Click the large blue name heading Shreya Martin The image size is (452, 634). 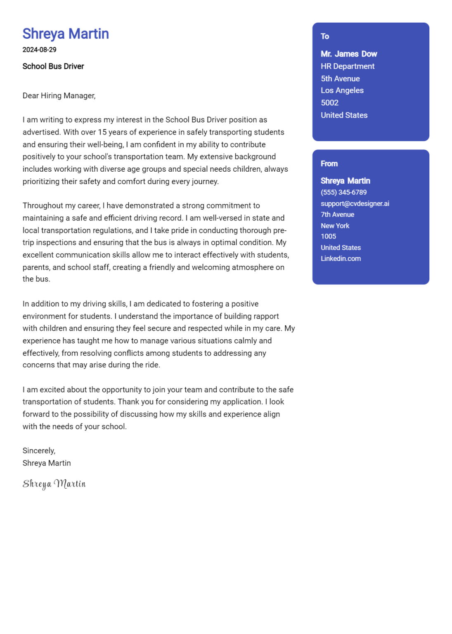66,34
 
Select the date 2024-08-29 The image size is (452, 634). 39,50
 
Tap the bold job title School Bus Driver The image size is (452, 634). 53,66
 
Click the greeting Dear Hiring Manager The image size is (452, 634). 59,96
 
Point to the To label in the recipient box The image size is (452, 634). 325,36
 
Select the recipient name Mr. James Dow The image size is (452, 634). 349,54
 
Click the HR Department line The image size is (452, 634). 348,66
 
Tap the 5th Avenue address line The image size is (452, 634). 340,78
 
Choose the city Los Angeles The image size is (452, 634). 342,90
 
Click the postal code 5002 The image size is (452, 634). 329,103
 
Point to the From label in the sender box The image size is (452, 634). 329,163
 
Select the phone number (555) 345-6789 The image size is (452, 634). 343,192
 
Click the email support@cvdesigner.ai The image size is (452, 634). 355,203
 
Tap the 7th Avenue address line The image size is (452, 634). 337,215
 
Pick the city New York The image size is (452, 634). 335,226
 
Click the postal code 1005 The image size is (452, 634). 328,237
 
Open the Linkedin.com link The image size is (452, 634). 341,258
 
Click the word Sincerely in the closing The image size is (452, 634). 39,451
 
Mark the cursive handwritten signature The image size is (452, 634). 54,484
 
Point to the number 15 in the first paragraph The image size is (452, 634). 102,132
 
